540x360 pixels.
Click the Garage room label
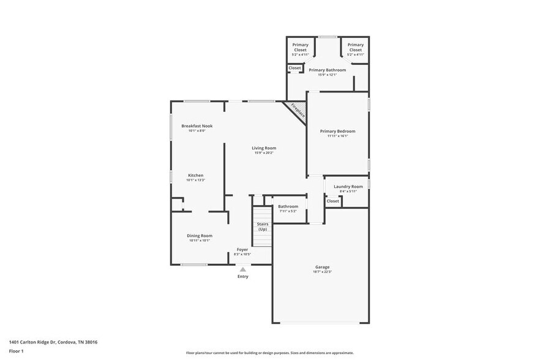(x=322, y=267)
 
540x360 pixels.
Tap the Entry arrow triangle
(x=243, y=269)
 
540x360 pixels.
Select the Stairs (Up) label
(x=263, y=226)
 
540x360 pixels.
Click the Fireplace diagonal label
(x=298, y=110)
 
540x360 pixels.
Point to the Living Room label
(x=264, y=148)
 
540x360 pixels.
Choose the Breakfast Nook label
(x=197, y=126)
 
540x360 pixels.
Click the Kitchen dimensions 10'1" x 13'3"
(x=196, y=180)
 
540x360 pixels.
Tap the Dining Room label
(x=200, y=235)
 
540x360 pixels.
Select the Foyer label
(x=243, y=249)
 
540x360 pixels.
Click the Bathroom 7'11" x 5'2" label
(x=288, y=206)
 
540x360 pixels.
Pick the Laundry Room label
(x=348, y=186)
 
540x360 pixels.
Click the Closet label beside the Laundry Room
(x=332, y=201)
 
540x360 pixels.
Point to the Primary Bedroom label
(x=337, y=131)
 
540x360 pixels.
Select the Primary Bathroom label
(x=327, y=70)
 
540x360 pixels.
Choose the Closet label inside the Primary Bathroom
(x=294, y=68)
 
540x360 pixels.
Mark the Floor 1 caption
(x=17, y=351)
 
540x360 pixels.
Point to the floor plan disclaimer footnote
(x=269, y=353)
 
